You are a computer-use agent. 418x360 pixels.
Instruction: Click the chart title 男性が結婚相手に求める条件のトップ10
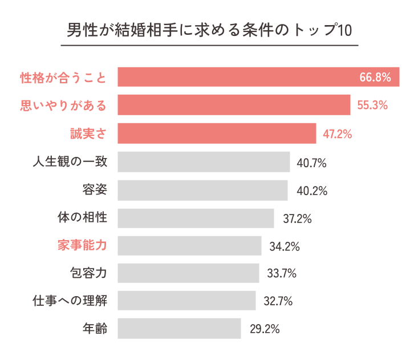tap(209, 30)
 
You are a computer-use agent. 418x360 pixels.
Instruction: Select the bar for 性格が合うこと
tap(258, 77)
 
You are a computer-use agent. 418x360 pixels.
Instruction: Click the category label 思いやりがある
tap(63, 105)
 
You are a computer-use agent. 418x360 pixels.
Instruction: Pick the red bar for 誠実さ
tap(217, 134)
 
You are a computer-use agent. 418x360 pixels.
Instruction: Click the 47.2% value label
tap(338, 135)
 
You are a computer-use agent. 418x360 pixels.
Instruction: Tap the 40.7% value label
tap(311, 163)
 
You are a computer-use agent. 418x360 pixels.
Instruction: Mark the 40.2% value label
tap(311, 191)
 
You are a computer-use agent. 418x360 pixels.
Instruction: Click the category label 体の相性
tap(82, 217)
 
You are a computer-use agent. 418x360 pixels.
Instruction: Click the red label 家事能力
tap(82, 245)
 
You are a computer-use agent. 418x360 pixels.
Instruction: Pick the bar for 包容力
tap(188, 273)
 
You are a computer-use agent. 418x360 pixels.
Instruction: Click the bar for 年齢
tap(179, 329)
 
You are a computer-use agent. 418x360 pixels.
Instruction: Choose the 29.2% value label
tap(265, 330)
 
